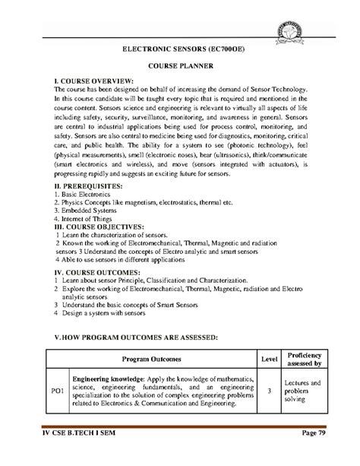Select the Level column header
[x=270, y=357]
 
